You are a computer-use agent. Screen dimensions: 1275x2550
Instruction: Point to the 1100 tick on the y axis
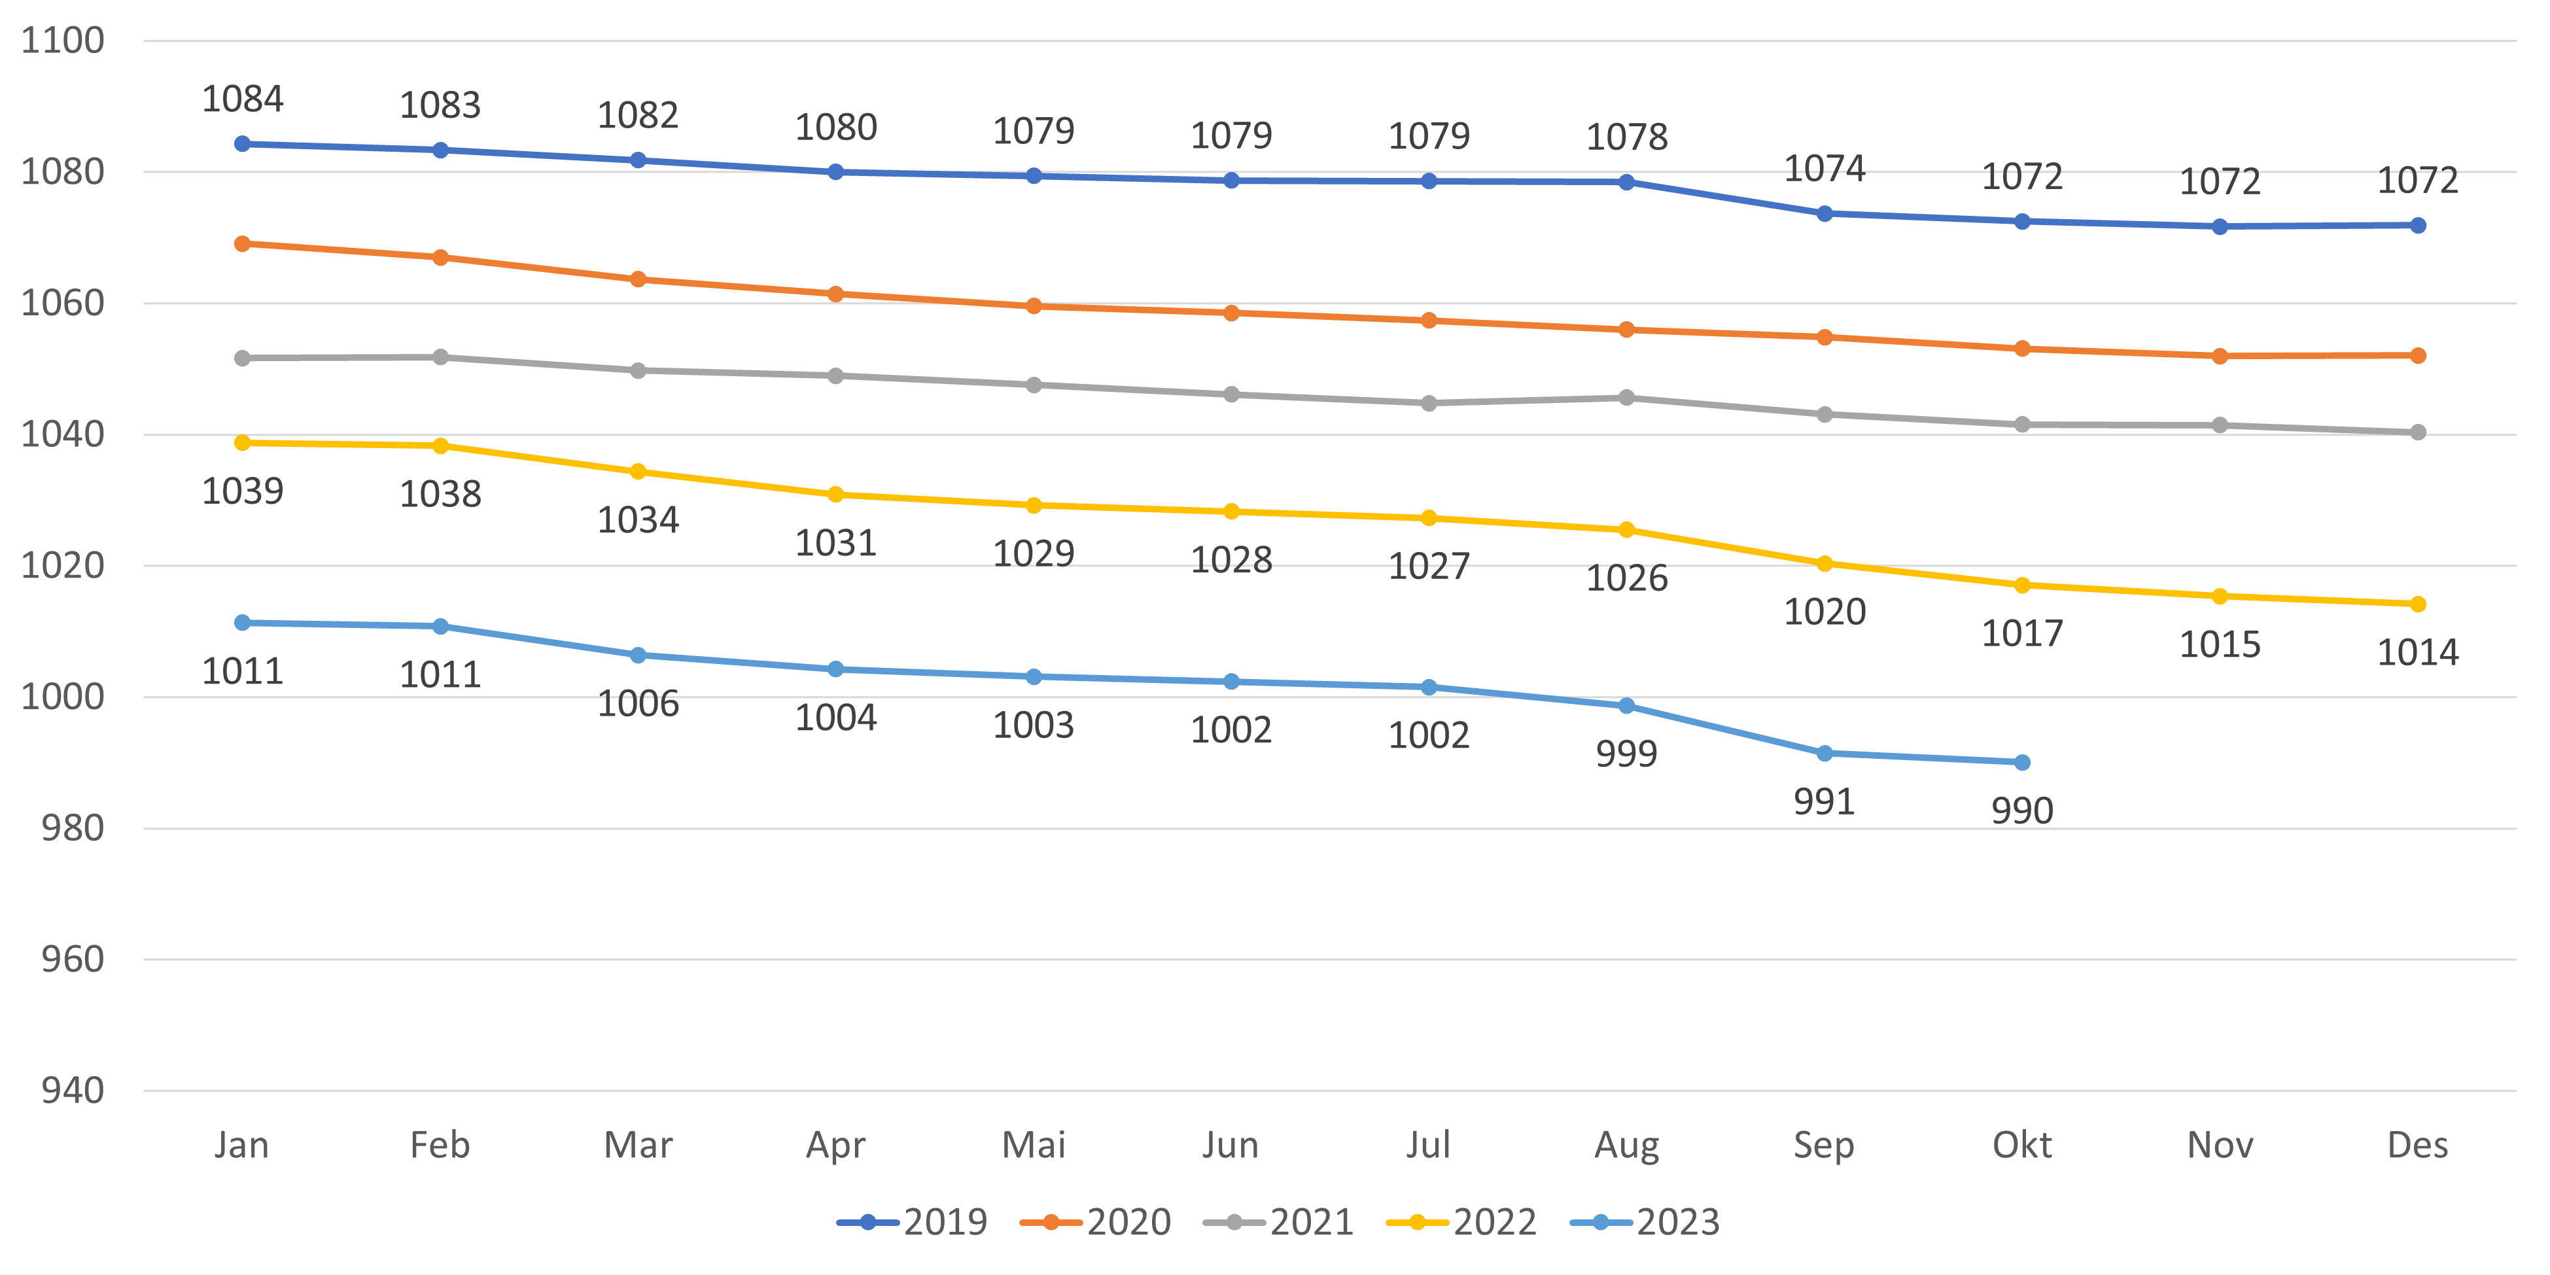[62, 41]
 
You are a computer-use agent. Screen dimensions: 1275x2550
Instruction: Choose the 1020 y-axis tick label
[62, 565]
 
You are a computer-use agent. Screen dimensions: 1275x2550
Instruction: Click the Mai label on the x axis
[1034, 1145]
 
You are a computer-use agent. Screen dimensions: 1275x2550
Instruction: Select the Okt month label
[2021, 1145]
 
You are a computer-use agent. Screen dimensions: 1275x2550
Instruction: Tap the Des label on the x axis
[2417, 1145]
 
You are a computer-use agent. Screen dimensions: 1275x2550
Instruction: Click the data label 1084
[243, 99]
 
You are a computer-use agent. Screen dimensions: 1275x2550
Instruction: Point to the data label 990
[2022, 811]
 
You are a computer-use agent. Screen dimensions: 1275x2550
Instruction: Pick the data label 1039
[243, 491]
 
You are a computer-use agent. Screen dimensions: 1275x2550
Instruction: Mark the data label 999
[1626, 754]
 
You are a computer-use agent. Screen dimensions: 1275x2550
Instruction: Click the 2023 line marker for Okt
[2022, 762]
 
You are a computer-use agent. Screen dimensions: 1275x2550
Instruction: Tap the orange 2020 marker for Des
[2417, 355]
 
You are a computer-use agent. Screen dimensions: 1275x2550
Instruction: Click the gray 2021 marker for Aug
[1626, 397]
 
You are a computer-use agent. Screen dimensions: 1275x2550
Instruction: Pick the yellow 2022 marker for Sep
[1825, 563]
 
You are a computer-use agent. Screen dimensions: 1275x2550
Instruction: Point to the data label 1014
[2417, 652]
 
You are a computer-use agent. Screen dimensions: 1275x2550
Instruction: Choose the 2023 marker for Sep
[1825, 754]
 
